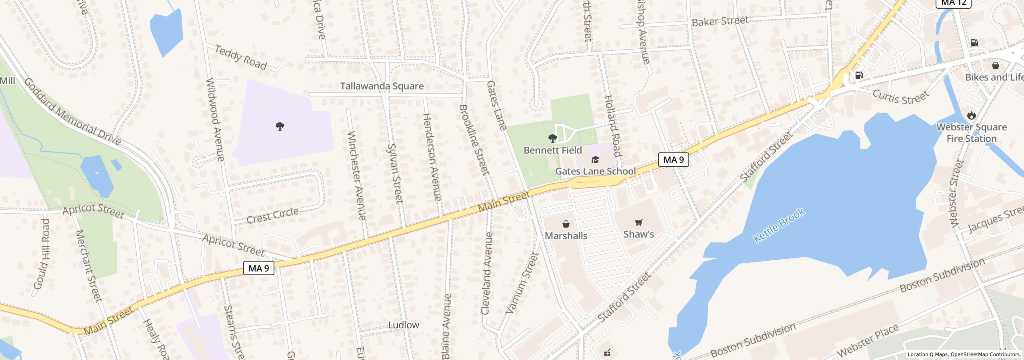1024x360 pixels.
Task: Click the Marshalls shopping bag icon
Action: pyautogui.click(x=566, y=224)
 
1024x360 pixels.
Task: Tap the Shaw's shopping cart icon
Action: pyautogui.click(x=639, y=222)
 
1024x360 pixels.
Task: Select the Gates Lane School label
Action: pyautogui.click(x=595, y=171)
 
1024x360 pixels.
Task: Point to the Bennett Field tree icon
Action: pyautogui.click(x=552, y=138)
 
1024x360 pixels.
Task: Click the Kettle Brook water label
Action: pyautogui.click(x=778, y=225)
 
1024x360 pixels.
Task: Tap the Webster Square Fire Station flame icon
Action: pyautogui.click(x=971, y=116)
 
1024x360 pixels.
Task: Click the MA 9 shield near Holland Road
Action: pyautogui.click(x=673, y=160)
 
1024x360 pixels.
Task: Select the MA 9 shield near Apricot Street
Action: pyautogui.click(x=258, y=268)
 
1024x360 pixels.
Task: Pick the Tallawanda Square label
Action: pyautogui.click(x=382, y=86)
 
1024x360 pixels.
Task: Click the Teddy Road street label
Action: pyautogui.click(x=240, y=57)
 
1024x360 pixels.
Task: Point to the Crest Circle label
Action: pyautogui.click(x=272, y=216)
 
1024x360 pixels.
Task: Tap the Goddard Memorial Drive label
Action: pyautogui.click(x=72, y=111)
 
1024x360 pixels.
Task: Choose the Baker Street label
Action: pyautogui.click(x=720, y=21)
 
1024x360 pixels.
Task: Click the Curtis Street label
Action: pyautogui.click(x=900, y=97)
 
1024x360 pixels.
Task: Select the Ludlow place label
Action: pyautogui.click(x=404, y=325)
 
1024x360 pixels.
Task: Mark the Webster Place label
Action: pyautogui.click(x=868, y=340)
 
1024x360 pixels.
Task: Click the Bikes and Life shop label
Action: pyautogui.click(x=994, y=77)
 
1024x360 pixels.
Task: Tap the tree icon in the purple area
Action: pyautogui.click(x=280, y=127)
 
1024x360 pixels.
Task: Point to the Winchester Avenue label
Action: pyautogui.click(x=356, y=176)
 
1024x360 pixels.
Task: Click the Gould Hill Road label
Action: pyautogui.click(x=41, y=254)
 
